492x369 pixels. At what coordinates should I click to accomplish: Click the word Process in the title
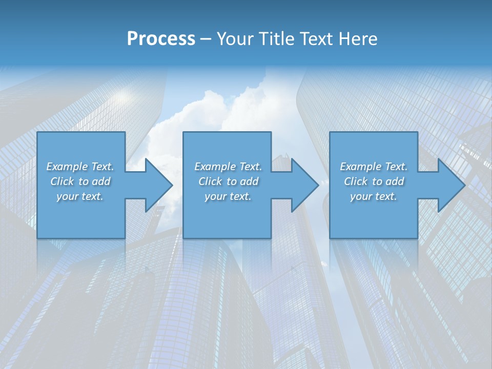[x=161, y=39]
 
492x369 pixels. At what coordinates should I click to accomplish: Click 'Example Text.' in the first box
[x=80, y=167]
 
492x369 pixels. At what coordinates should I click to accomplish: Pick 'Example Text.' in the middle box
[x=228, y=167]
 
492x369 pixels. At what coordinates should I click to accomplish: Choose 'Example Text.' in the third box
[x=374, y=167]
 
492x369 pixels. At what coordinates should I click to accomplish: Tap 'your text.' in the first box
[x=80, y=196]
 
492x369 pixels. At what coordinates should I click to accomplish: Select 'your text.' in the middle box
[x=228, y=196]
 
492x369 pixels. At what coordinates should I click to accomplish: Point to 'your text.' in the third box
[x=374, y=196]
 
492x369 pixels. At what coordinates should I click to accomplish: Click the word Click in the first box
[x=62, y=181]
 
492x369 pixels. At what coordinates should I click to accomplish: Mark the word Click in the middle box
[x=210, y=181]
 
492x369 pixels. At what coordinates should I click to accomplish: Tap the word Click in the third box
[x=356, y=181]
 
